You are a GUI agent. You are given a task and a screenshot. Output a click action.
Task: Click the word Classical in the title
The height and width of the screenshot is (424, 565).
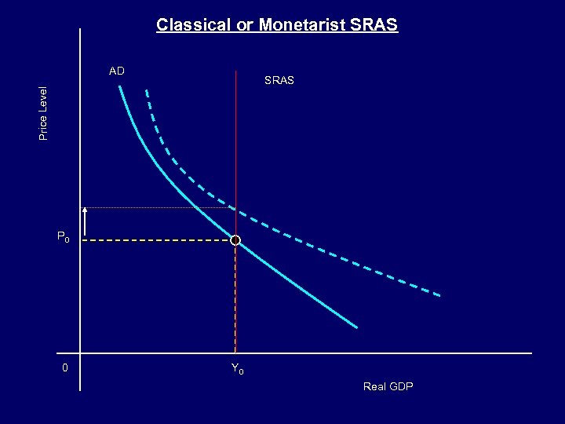pyautogui.click(x=187, y=25)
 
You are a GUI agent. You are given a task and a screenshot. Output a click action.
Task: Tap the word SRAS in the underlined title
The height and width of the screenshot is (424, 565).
pyautogui.click(x=374, y=25)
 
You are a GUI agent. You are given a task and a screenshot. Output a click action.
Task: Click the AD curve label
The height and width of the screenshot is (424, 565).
pyautogui.click(x=116, y=71)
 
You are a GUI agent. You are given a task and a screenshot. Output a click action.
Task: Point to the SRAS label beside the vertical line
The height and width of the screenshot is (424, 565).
pyautogui.click(x=279, y=80)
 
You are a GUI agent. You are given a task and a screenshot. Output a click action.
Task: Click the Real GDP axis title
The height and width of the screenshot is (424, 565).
pyautogui.click(x=388, y=386)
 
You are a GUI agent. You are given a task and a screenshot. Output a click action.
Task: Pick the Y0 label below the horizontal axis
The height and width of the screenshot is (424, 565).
pyautogui.click(x=237, y=368)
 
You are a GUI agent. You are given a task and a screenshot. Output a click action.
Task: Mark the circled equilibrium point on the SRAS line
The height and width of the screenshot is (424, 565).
pyautogui.click(x=235, y=241)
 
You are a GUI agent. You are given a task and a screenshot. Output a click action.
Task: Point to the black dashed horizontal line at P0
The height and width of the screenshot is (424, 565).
pyautogui.click(x=157, y=241)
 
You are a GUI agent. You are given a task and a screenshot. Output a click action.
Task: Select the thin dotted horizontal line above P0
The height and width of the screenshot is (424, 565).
pyautogui.click(x=157, y=207)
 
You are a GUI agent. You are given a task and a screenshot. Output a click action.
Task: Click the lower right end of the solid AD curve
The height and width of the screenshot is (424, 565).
pyautogui.click(x=355, y=327)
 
